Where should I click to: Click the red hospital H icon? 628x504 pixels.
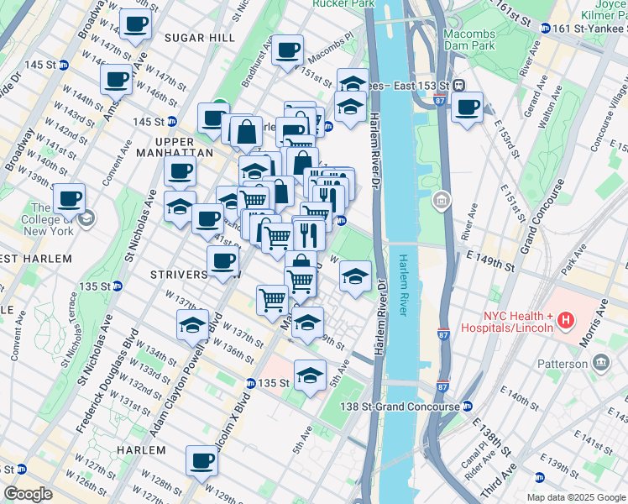point(566,320)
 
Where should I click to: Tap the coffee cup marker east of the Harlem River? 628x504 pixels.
point(467,108)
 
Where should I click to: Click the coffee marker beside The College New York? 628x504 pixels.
point(69,200)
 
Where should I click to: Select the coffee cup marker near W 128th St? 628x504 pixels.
point(202,460)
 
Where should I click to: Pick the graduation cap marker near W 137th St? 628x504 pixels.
point(192,326)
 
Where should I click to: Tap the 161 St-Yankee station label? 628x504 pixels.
point(590,28)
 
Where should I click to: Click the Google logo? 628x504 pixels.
point(29,494)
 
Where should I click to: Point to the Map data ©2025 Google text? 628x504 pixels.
point(575,497)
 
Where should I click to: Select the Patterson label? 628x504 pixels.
point(563,364)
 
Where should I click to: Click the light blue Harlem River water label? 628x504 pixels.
point(404,286)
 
